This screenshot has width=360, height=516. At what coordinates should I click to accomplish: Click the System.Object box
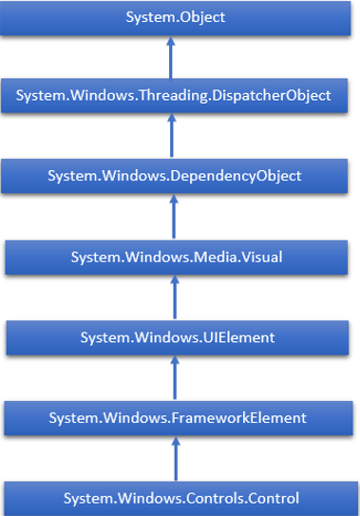(x=180, y=18)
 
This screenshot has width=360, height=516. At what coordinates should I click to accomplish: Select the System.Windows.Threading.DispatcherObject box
(x=180, y=96)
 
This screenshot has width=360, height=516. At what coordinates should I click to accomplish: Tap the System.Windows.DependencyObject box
(x=180, y=176)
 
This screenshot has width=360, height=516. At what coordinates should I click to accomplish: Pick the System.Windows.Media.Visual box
(x=180, y=257)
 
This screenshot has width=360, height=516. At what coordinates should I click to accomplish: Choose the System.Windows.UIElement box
(x=180, y=336)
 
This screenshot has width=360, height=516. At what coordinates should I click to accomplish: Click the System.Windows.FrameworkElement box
(x=180, y=416)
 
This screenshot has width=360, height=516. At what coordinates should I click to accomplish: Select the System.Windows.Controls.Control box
(x=180, y=497)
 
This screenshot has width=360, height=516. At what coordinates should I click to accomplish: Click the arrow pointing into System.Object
(x=173, y=57)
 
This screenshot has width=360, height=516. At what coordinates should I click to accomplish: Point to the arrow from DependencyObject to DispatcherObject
(x=173, y=136)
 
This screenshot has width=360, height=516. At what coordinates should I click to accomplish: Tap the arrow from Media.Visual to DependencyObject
(x=173, y=217)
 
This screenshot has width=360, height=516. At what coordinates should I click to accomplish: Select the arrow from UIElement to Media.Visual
(x=173, y=296)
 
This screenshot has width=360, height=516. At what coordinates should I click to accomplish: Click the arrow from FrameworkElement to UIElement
(x=173, y=376)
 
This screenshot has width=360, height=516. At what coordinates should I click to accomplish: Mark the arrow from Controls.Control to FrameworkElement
(x=173, y=457)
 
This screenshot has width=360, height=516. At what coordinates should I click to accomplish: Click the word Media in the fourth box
(x=218, y=257)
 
